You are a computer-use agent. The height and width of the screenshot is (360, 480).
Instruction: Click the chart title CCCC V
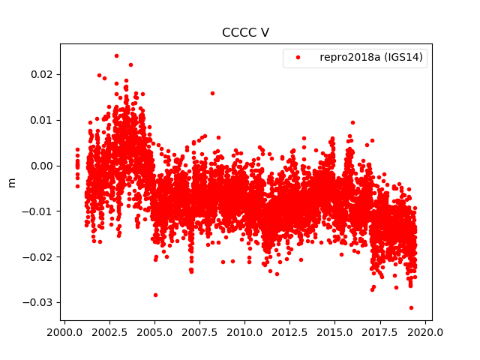click(x=246, y=33)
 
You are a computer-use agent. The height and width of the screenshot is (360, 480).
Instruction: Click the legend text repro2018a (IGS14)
click(x=373, y=58)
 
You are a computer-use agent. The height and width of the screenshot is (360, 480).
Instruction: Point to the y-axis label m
click(x=11, y=182)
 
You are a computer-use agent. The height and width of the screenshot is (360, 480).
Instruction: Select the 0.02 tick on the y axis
click(x=42, y=74)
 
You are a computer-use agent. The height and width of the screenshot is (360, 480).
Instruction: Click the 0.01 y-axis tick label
click(x=42, y=120)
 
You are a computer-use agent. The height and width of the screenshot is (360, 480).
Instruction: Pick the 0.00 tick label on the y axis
click(x=42, y=166)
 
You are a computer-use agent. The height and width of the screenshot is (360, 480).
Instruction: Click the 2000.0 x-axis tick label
click(x=64, y=331)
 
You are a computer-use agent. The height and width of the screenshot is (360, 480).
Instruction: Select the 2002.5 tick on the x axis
click(x=109, y=331)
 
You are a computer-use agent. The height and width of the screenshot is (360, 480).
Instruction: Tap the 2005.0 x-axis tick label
click(x=154, y=331)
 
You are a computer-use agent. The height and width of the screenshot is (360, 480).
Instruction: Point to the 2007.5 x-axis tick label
click(x=199, y=331)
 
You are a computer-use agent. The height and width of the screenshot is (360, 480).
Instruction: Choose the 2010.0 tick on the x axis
click(x=245, y=331)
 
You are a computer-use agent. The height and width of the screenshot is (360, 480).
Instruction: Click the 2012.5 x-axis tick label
click(x=290, y=331)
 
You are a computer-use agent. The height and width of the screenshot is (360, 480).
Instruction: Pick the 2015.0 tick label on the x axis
click(x=335, y=331)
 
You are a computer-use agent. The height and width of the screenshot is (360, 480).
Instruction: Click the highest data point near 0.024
click(x=116, y=55)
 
